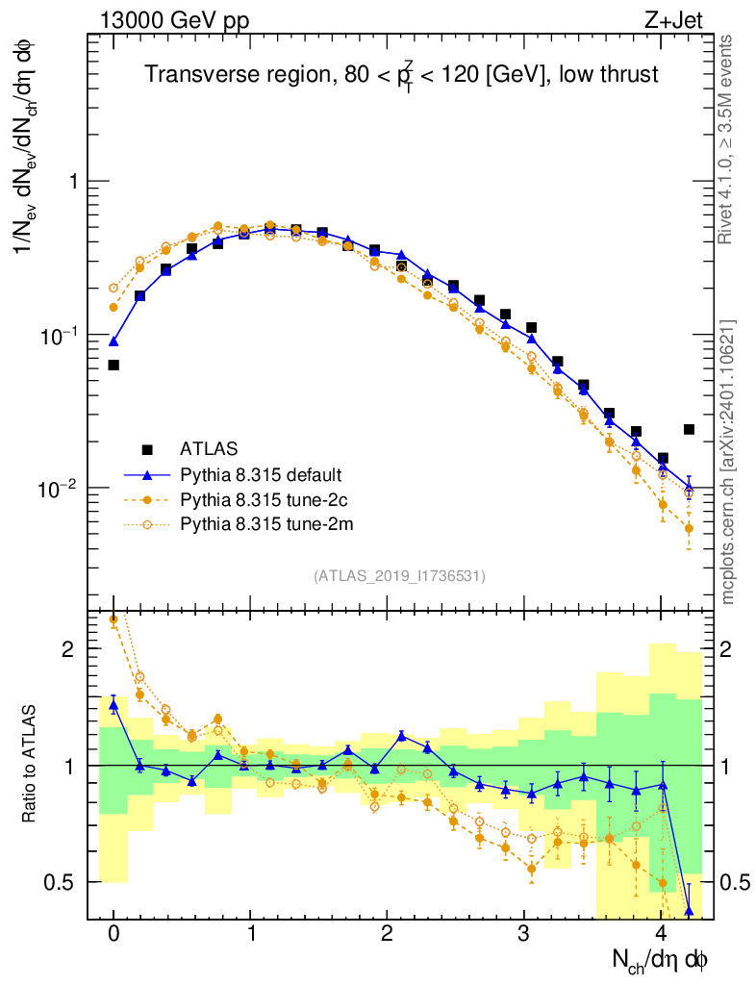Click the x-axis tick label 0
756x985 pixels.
pyautogui.click(x=113, y=934)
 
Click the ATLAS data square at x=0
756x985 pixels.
pyautogui.click(x=113, y=366)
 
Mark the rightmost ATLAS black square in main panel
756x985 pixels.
pyautogui.click(x=689, y=429)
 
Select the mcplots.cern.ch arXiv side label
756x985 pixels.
pyautogui.click(x=728, y=462)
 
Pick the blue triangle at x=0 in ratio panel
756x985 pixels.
pyautogui.click(x=113, y=705)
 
